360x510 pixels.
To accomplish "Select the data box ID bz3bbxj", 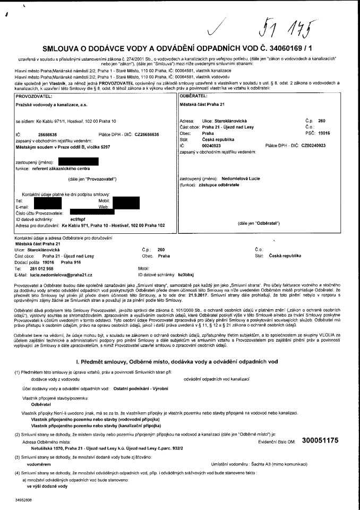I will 188,275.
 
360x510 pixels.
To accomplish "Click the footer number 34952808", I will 24,500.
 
